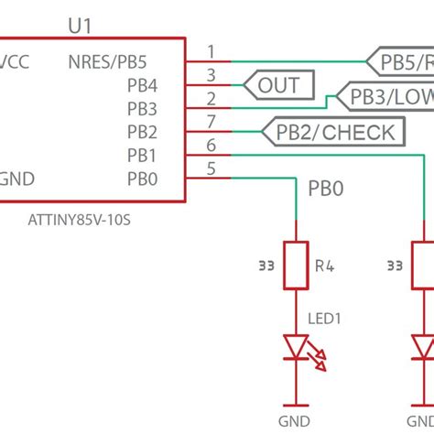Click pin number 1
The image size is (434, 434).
212,51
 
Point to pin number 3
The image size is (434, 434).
212,75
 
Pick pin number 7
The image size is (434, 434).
212,122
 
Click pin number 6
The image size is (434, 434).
212,145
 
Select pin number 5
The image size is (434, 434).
212,168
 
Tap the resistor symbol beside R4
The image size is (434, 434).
296,266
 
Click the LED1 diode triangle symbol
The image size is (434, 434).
296,348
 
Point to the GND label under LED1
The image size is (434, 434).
296,422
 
